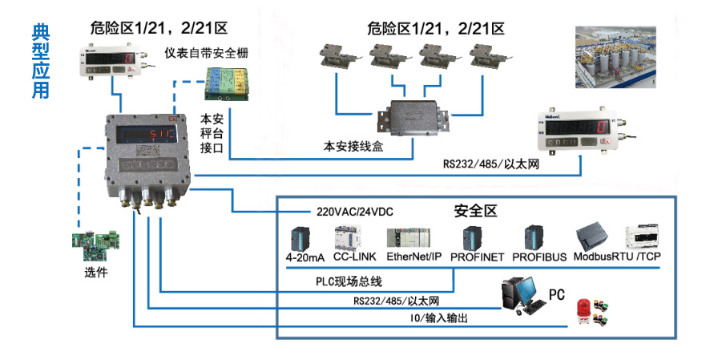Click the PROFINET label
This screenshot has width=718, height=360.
tap(477, 257)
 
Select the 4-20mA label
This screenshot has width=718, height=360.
tap(302, 257)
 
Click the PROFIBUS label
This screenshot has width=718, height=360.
tap(539, 257)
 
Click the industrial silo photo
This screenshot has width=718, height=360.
tap(615, 59)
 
